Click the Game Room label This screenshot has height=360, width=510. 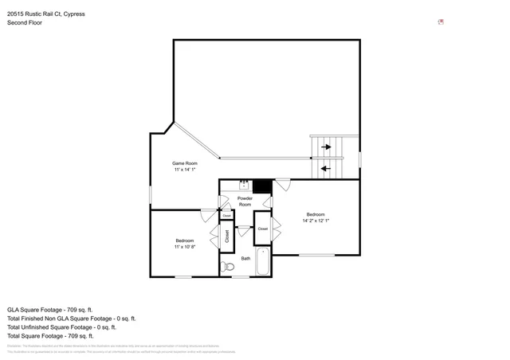pos(185,162)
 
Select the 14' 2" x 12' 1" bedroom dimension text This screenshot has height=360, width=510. pos(316,221)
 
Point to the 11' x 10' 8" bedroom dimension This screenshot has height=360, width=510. pos(186,247)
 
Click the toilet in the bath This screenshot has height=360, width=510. pos(229,267)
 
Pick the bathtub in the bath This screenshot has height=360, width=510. pos(263,263)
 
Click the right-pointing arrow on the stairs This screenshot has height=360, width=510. pos(325,147)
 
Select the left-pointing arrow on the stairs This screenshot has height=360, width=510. pos(325,168)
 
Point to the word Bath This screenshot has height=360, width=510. pos(246,258)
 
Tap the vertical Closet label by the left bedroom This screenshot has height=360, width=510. pos(226,236)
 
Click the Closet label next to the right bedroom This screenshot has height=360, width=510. pos(262,229)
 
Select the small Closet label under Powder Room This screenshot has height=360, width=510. pos(226,215)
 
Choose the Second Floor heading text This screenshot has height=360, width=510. pos(25,22)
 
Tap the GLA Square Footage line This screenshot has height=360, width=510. pos(50,309)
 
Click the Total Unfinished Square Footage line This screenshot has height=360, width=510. pos(61,327)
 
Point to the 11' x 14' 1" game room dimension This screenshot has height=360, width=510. pos(185,170)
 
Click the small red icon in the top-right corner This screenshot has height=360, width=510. pos(441,22)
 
